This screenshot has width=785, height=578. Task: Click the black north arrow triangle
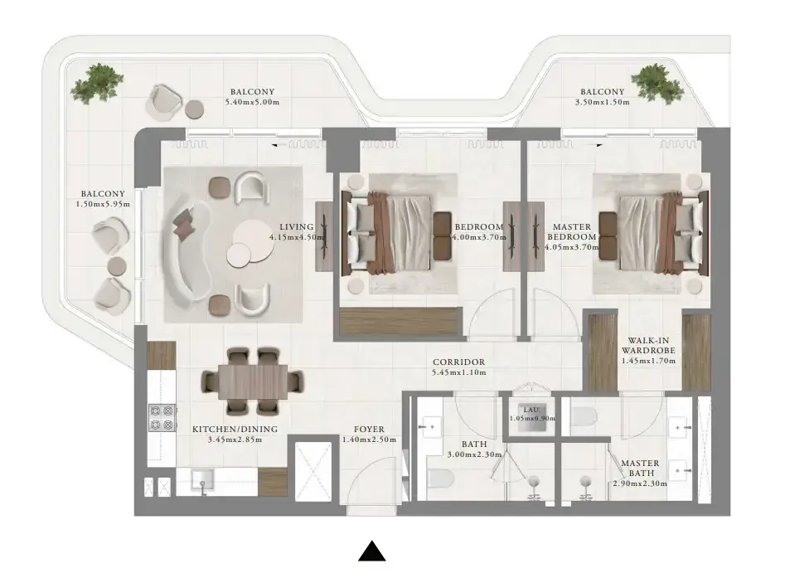(372, 551)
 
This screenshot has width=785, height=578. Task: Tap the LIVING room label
(297, 227)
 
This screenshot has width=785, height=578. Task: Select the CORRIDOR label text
(458, 362)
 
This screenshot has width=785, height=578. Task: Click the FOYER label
(369, 430)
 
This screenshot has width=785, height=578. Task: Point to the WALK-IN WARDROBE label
(648, 346)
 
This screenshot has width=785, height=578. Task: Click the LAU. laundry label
(531, 409)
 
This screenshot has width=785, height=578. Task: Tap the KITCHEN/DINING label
(235, 430)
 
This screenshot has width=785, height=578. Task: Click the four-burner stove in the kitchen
(162, 417)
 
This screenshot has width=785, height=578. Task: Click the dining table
(253, 381)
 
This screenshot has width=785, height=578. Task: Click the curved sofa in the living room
(184, 250)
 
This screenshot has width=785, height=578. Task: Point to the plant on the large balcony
(97, 83)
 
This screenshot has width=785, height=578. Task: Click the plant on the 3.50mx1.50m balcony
(657, 83)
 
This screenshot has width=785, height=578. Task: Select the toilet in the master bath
(584, 417)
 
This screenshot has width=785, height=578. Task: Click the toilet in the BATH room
(440, 478)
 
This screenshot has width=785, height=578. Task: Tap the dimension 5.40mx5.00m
(252, 102)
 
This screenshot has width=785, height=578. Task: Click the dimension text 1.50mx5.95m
(103, 204)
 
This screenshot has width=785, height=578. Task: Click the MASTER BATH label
(640, 468)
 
